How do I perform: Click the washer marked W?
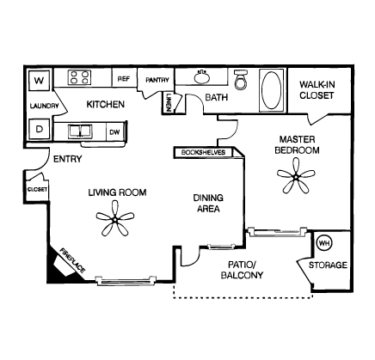(x=40, y=80)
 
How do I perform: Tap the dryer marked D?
(x=40, y=129)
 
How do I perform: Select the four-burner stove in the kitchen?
(x=79, y=77)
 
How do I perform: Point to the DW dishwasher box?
(x=115, y=132)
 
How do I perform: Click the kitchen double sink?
(x=80, y=131)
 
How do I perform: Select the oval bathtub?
(x=272, y=90)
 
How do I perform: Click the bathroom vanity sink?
(x=202, y=76)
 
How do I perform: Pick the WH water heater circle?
(x=324, y=243)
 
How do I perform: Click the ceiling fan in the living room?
(x=115, y=219)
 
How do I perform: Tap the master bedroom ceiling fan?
(x=296, y=176)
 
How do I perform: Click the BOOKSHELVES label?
(x=203, y=152)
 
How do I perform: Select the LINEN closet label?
(x=169, y=102)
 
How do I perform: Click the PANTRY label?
(x=157, y=80)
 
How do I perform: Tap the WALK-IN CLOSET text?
(x=317, y=90)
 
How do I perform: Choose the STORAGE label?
(x=328, y=265)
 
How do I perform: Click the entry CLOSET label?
(x=37, y=189)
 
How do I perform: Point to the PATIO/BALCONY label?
(x=242, y=270)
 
